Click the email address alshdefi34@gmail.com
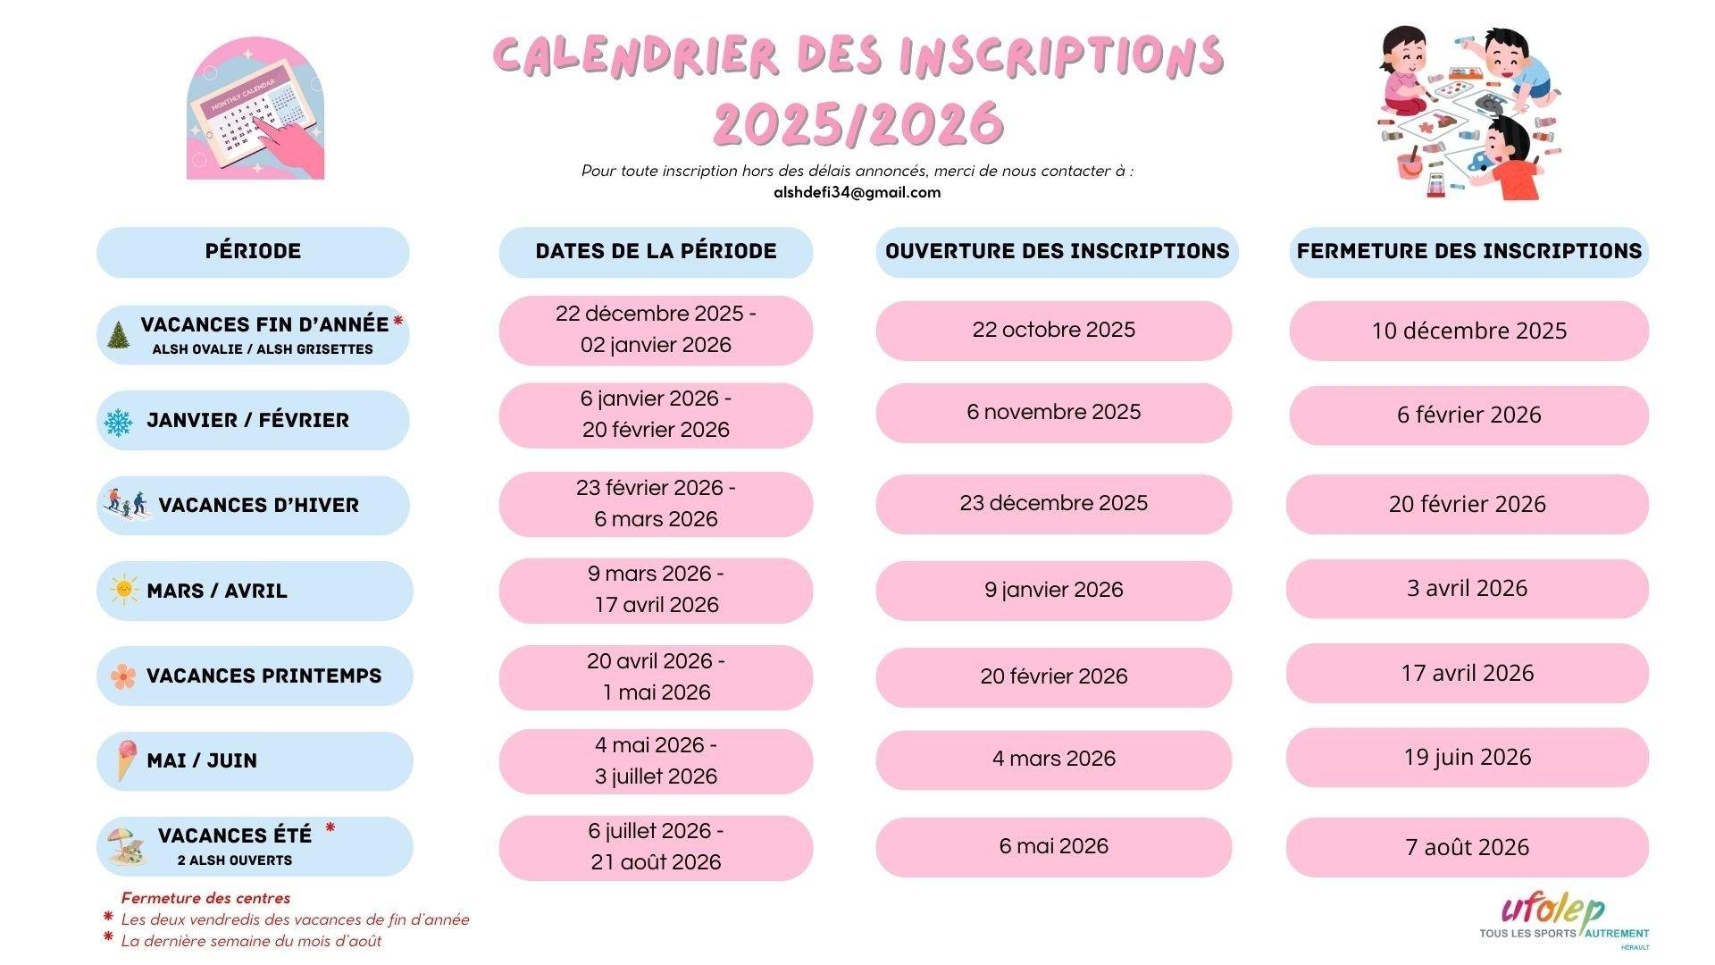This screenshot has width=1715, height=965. (857, 192)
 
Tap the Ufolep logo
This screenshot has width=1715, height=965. (1563, 920)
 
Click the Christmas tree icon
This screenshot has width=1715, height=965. (117, 335)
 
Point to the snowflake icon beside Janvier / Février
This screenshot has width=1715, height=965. (118, 422)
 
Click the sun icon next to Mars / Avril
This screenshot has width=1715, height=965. (123, 590)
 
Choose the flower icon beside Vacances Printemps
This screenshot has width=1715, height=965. (123, 675)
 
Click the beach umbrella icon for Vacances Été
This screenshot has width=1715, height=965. (124, 845)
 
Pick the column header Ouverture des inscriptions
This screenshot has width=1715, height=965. (1057, 251)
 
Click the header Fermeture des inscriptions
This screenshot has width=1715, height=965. (1468, 251)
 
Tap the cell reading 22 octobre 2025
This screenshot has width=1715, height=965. (1053, 330)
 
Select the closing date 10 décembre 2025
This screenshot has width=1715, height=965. (1468, 331)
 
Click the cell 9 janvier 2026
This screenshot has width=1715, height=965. (1053, 590)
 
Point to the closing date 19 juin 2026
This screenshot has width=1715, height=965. (1467, 758)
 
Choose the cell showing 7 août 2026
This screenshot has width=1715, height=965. (1467, 847)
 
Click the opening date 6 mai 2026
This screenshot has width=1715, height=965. (1053, 846)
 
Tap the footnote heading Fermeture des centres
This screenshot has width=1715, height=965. (205, 898)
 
